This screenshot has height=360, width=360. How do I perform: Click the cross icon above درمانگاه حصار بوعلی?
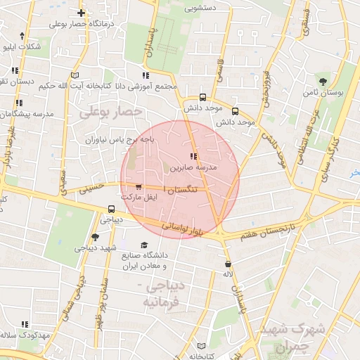[82, 13]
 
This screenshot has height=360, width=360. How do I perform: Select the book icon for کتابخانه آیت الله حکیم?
[75, 75]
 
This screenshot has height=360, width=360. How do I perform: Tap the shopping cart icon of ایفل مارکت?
[138, 188]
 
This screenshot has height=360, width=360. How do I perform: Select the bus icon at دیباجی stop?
[111, 210]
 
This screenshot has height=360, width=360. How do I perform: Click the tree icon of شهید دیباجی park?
[96, 238]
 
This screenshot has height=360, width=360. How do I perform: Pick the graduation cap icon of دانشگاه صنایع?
[144, 245]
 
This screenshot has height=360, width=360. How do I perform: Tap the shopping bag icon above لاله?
[227, 264]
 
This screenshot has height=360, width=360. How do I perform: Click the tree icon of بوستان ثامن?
[323, 82]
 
